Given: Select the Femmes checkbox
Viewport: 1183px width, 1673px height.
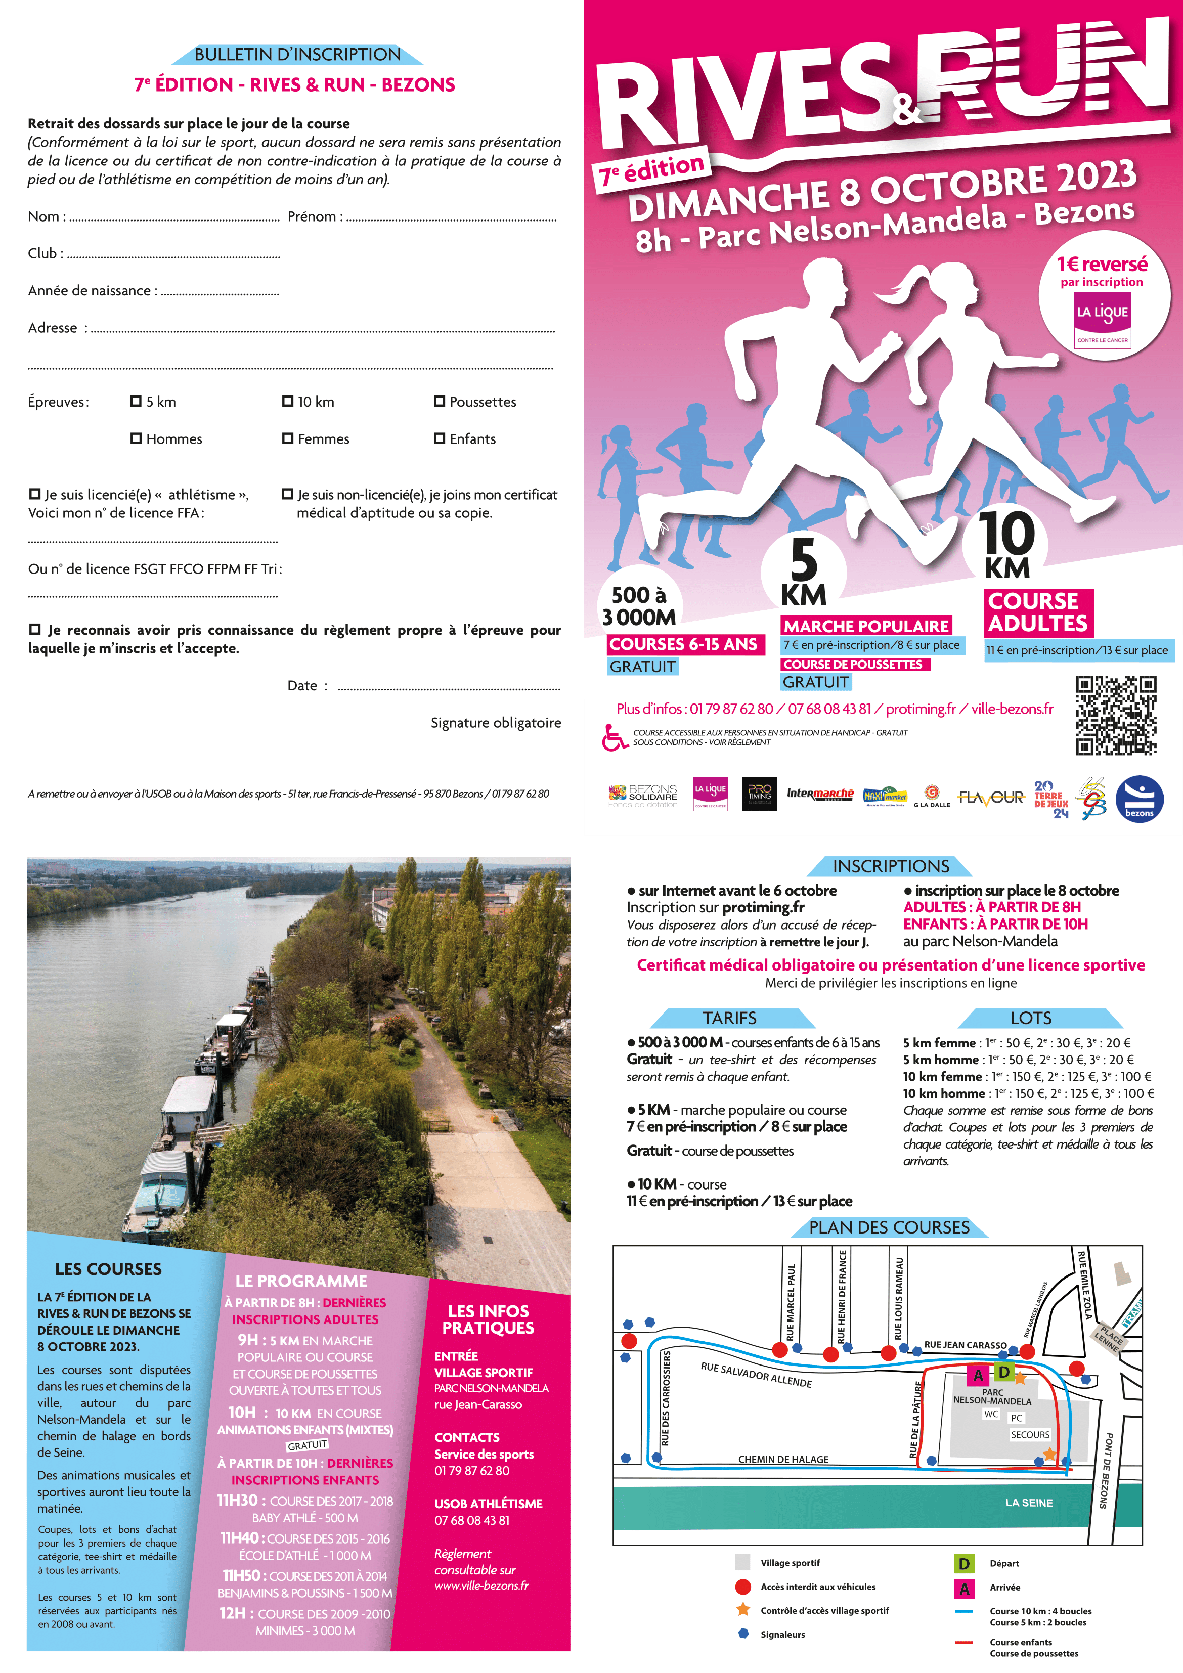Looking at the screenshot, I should tap(287, 438).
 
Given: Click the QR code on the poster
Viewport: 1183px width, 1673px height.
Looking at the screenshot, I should tap(1115, 715).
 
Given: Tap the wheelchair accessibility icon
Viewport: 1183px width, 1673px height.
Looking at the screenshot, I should tap(615, 737).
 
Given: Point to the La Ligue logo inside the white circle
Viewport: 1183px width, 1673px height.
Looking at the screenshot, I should tap(1102, 320).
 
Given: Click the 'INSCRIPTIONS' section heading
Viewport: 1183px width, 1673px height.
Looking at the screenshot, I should tap(890, 866).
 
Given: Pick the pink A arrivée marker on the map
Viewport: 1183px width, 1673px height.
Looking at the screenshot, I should tap(978, 1375).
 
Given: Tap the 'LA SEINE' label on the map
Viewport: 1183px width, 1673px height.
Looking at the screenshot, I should tap(1028, 1503).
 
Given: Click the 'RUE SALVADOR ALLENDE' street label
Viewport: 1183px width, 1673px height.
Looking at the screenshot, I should tap(756, 1374).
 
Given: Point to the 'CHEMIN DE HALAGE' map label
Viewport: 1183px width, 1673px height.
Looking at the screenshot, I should tap(783, 1459).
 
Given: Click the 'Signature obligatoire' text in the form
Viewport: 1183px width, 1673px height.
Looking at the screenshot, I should tap(496, 723).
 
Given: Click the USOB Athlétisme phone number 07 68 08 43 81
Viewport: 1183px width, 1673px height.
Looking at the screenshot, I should tap(471, 1520).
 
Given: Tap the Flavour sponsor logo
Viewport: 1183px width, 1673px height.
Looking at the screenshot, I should tap(991, 797).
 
